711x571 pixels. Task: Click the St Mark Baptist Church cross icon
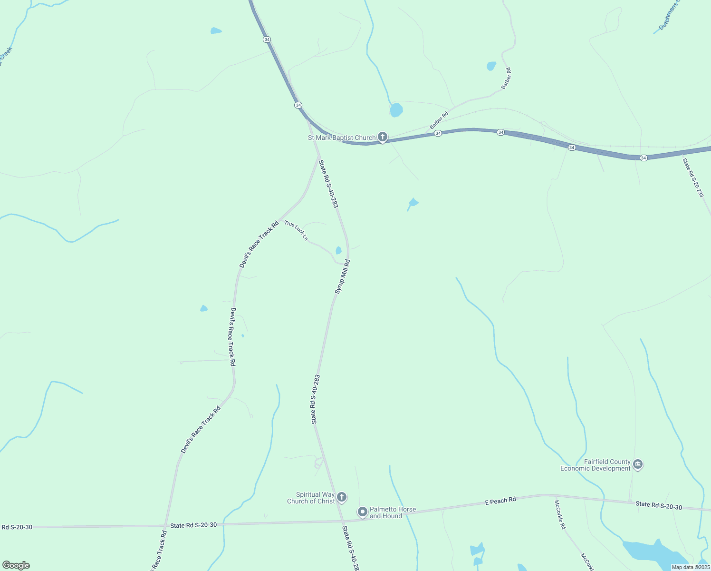tap(382, 137)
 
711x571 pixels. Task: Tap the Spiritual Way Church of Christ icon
tap(341, 498)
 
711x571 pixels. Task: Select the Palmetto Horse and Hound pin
tap(363, 512)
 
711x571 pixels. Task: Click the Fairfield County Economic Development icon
tap(638, 464)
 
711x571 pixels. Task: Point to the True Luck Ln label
tap(296, 230)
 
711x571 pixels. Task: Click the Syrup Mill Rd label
tap(342, 276)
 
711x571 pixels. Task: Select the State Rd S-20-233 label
tap(693, 177)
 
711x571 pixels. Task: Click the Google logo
tap(16, 565)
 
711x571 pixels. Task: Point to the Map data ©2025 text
tap(691, 567)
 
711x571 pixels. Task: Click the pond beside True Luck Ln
tap(338, 250)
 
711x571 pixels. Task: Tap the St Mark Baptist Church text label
tap(342, 138)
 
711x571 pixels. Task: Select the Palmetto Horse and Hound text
tap(393, 512)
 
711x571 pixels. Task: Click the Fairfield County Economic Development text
tap(595, 465)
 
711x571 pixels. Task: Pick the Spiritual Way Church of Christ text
tap(311, 498)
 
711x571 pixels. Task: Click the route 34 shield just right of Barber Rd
tap(438, 133)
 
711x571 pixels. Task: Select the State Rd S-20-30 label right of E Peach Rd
tap(659, 505)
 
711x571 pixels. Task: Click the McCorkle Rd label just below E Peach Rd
tap(560, 514)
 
